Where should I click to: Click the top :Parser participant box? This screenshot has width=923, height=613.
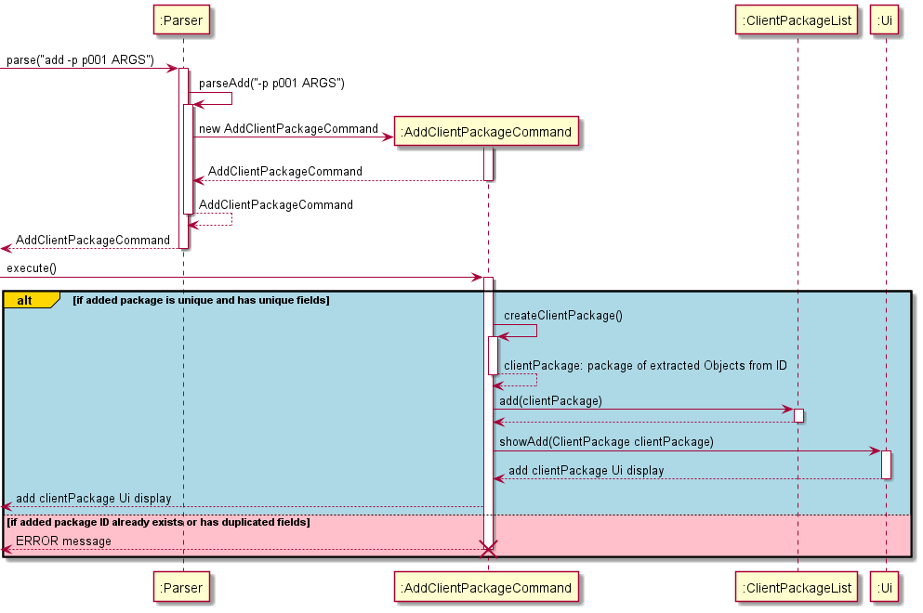182,20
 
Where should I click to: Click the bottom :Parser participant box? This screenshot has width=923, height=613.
182,587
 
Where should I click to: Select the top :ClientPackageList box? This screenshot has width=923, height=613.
797,20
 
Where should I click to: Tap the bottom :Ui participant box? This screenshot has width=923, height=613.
885,587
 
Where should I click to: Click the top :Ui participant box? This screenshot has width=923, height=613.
885,20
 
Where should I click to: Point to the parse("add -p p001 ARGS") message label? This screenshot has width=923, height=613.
81,60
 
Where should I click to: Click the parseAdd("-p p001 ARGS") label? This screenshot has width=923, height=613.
271,84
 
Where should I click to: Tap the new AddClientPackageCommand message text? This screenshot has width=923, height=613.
288,128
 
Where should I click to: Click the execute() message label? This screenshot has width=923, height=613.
32,268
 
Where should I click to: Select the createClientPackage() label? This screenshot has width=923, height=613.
562,316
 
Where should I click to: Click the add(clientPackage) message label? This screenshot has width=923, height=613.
550,400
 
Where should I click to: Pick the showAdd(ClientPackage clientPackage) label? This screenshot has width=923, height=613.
606,442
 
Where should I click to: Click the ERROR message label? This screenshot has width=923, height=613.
63,541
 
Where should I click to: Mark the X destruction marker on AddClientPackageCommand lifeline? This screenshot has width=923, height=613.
488,549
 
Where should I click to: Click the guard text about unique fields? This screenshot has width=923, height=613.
201,300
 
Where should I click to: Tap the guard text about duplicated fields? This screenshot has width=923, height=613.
158,523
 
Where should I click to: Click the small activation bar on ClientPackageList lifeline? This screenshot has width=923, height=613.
798,415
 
